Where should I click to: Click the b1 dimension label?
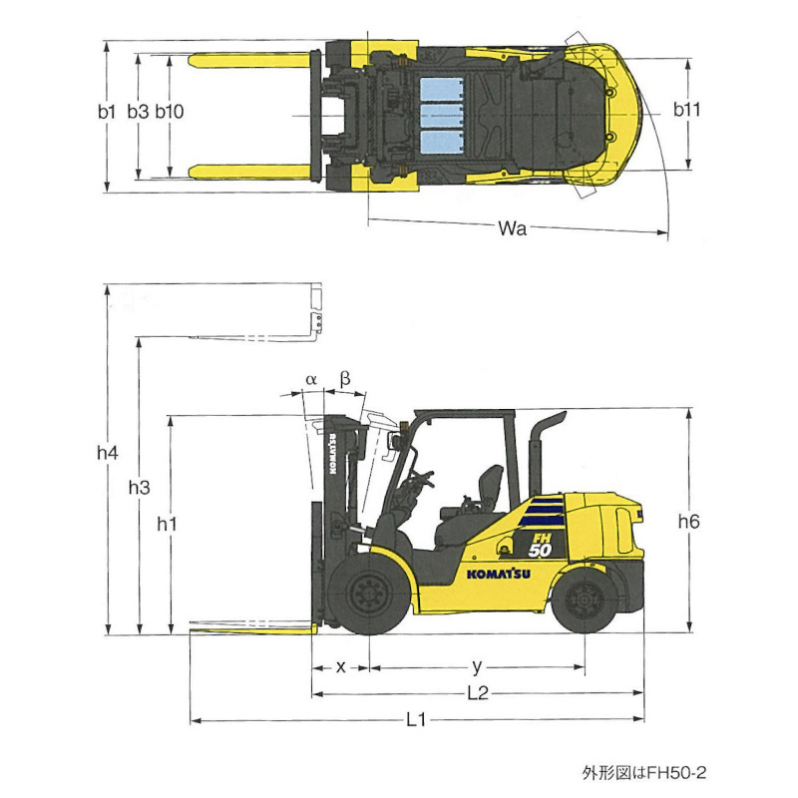pyautogui.click(x=107, y=112)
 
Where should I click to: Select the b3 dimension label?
pyautogui.click(x=138, y=112)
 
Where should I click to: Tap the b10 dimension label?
pyautogui.click(x=170, y=112)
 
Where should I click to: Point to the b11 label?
pyautogui.click(x=687, y=110)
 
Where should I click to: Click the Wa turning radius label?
pyautogui.click(x=513, y=228)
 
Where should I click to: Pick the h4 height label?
pyautogui.click(x=108, y=453)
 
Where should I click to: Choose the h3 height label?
pyautogui.click(x=139, y=488)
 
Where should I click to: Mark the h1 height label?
pyautogui.click(x=167, y=523)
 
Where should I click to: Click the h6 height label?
pyautogui.click(x=689, y=521)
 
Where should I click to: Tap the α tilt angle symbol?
pyautogui.click(x=311, y=380)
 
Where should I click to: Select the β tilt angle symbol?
pyautogui.click(x=344, y=380)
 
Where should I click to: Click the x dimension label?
pyautogui.click(x=341, y=667)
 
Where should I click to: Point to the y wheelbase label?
pyautogui.click(x=477, y=666)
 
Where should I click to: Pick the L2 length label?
pyautogui.click(x=478, y=692)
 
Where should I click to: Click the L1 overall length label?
pyautogui.click(x=416, y=719)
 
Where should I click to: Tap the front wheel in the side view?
pyautogui.click(x=368, y=594)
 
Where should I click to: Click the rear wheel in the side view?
pyautogui.click(x=586, y=600)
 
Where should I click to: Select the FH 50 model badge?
pyautogui.click(x=540, y=545)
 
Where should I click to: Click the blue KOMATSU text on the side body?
pyautogui.click(x=499, y=575)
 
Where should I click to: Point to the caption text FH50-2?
pyautogui.click(x=676, y=772)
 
